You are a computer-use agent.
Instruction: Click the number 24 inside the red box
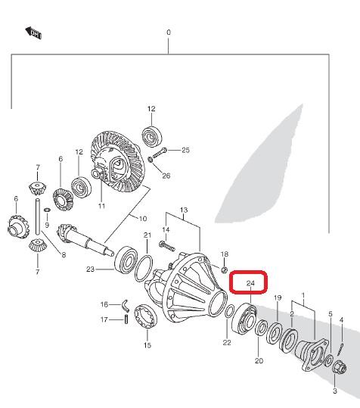[250, 283]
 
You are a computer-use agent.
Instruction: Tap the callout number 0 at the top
[169, 33]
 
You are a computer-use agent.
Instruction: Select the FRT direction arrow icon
[33, 33]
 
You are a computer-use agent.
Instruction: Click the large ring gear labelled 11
[117, 162]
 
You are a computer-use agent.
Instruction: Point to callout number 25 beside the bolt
[185, 150]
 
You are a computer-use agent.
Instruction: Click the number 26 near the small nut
[166, 176]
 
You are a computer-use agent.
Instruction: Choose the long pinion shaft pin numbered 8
[38, 216]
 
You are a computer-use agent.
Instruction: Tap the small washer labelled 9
[48, 210]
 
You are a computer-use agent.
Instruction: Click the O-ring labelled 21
[144, 268]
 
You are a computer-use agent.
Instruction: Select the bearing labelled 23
[126, 259]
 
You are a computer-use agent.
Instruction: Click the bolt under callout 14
[166, 245]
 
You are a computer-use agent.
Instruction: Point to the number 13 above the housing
[184, 210]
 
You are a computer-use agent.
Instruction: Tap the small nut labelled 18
[225, 269]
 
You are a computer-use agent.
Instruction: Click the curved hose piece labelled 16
[126, 306]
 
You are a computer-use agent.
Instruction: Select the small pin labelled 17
[126, 319]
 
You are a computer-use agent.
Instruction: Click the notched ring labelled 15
[145, 316]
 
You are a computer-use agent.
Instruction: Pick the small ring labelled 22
[229, 311]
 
